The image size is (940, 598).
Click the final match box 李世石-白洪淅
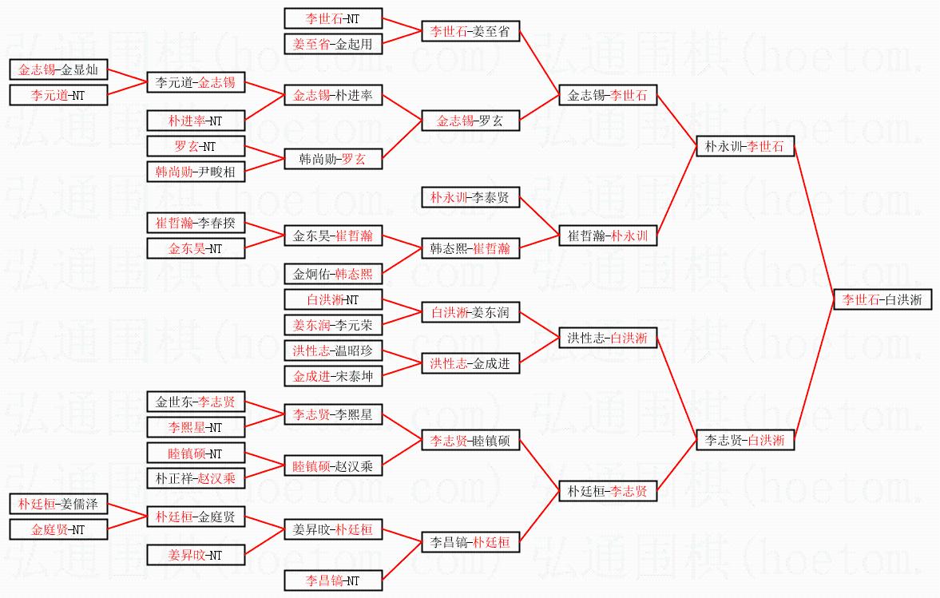882,299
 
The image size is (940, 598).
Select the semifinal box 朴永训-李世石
745,146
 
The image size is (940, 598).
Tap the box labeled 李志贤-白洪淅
745,441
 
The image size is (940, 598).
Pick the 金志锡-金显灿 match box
58,69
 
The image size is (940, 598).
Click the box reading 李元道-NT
58,95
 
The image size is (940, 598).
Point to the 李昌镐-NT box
333,580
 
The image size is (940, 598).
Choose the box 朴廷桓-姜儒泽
58,504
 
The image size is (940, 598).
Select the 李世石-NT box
333,18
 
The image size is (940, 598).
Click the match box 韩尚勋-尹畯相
196,172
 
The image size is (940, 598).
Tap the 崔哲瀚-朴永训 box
608,236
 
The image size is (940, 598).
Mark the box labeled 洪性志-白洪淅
608,338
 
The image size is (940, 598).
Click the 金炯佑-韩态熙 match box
333,274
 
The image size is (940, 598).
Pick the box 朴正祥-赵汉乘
196,478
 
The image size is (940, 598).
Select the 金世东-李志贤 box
196,402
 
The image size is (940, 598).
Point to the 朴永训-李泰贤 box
470,197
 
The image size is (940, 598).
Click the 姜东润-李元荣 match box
333,326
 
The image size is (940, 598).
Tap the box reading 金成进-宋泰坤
333,376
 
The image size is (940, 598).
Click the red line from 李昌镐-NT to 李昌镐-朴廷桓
403,560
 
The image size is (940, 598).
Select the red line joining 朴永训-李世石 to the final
814,223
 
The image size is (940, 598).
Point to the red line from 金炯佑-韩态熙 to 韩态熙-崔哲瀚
403,261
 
